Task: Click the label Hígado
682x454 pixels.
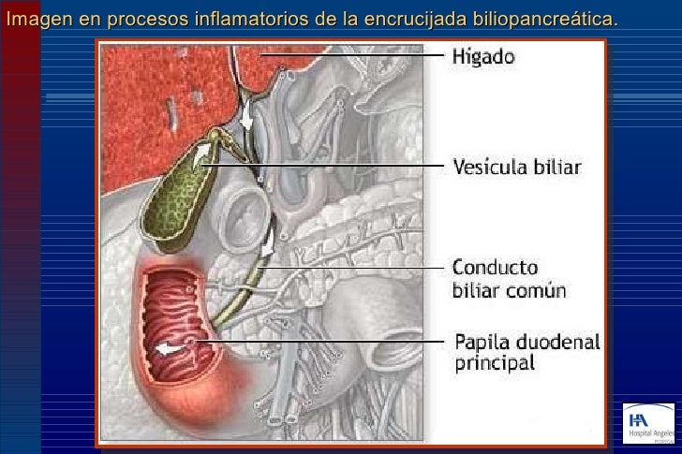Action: [x=483, y=58]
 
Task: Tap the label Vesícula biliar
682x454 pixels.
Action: [x=517, y=168]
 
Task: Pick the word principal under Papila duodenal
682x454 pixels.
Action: [x=495, y=362]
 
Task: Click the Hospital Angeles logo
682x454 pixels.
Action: [x=647, y=421]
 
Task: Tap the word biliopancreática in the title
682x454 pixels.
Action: [x=557, y=19]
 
